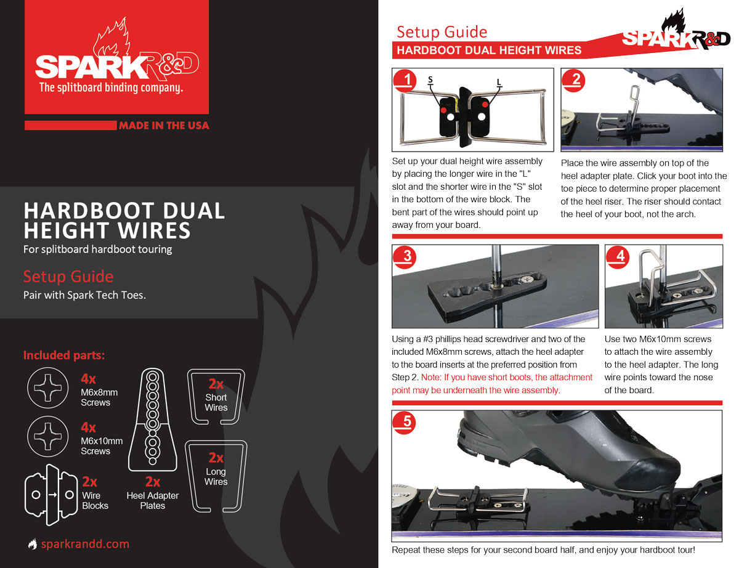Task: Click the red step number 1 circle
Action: tap(405, 81)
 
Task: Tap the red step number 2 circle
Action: tap(573, 81)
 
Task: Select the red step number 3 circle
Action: tap(405, 257)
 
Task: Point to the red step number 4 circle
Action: tap(618, 257)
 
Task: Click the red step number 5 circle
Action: tap(405, 423)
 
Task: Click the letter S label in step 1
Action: tap(430, 80)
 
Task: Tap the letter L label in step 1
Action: tap(499, 83)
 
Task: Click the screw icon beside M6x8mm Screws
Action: tap(48, 387)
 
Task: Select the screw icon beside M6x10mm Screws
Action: tap(48, 436)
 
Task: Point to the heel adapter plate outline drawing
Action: tap(153, 420)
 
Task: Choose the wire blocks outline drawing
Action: tap(52, 495)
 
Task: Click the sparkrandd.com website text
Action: tap(85, 544)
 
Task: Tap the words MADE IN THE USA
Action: tap(164, 126)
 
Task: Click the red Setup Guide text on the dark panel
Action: tap(68, 276)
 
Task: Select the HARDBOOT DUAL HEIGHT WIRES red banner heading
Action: tap(489, 51)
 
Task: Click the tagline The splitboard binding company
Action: tap(111, 87)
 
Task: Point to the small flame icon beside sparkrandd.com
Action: tap(33, 544)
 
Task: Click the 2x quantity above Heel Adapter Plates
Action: tap(153, 482)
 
